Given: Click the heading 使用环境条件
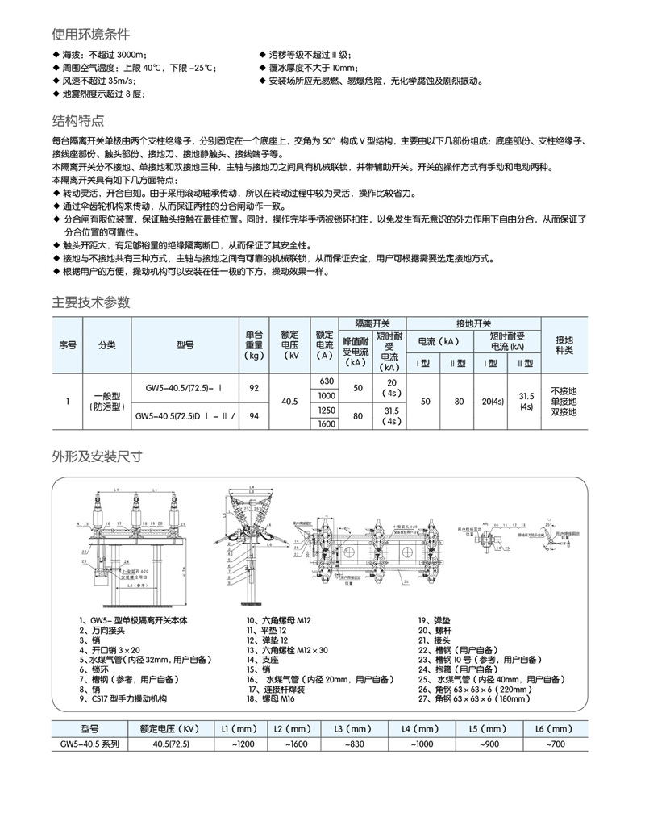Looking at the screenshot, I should pos(90,35).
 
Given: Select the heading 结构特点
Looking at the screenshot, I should pos(78,121).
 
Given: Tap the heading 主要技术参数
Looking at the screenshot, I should pos(90,302).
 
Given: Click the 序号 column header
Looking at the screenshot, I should pos(67,344).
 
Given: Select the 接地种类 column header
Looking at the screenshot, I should pos(564,344).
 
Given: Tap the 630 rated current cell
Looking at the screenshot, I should pos(327,381).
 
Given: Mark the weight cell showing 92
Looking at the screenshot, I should pos(255,388).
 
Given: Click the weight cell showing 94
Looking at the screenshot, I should pos(255,416).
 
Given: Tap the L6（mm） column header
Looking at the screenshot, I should pos(555,728).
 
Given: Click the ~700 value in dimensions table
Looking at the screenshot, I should pos(555,744).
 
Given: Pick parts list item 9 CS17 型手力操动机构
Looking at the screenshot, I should pos(127,698).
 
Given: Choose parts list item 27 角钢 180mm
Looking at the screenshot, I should pos(472,698).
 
